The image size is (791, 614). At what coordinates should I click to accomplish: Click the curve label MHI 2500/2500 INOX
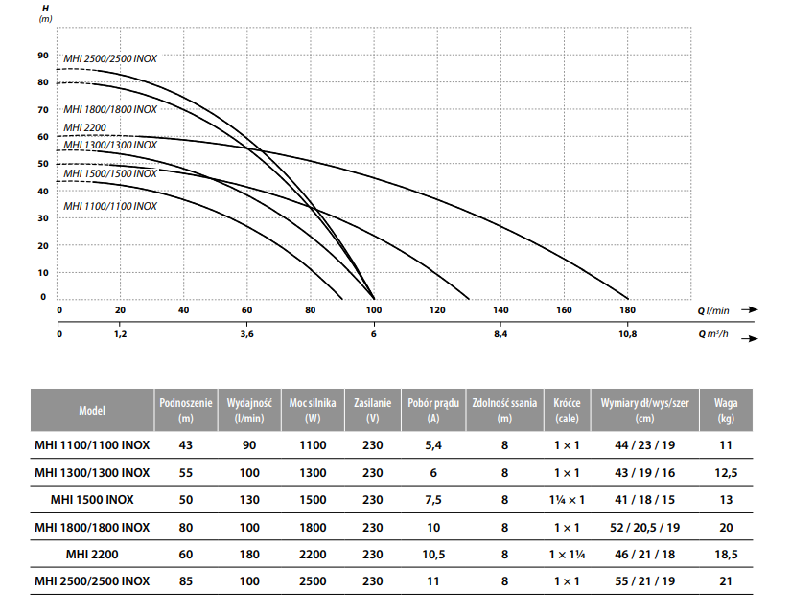[110, 58]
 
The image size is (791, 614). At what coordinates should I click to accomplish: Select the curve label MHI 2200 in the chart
[84, 127]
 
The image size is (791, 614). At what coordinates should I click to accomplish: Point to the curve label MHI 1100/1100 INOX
[110, 206]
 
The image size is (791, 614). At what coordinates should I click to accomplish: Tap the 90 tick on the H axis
[42, 54]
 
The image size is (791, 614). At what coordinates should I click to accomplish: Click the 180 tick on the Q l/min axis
[626, 310]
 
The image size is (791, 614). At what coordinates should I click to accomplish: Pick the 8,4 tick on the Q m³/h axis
[500, 335]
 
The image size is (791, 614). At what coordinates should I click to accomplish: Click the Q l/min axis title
[712, 310]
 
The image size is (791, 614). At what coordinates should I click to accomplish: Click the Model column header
[92, 411]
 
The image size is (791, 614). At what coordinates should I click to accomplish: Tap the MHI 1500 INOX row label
[92, 499]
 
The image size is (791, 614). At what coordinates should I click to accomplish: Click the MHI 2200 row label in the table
[92, 554]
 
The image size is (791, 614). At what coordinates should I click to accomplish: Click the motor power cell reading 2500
[312, 580]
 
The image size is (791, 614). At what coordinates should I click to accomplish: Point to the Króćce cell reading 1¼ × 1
[567, 499]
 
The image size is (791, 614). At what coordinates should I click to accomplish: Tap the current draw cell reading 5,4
[432, 445]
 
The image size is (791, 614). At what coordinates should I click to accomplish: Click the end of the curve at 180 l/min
[626, 298]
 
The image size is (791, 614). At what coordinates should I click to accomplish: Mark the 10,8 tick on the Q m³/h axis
[626, 335]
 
